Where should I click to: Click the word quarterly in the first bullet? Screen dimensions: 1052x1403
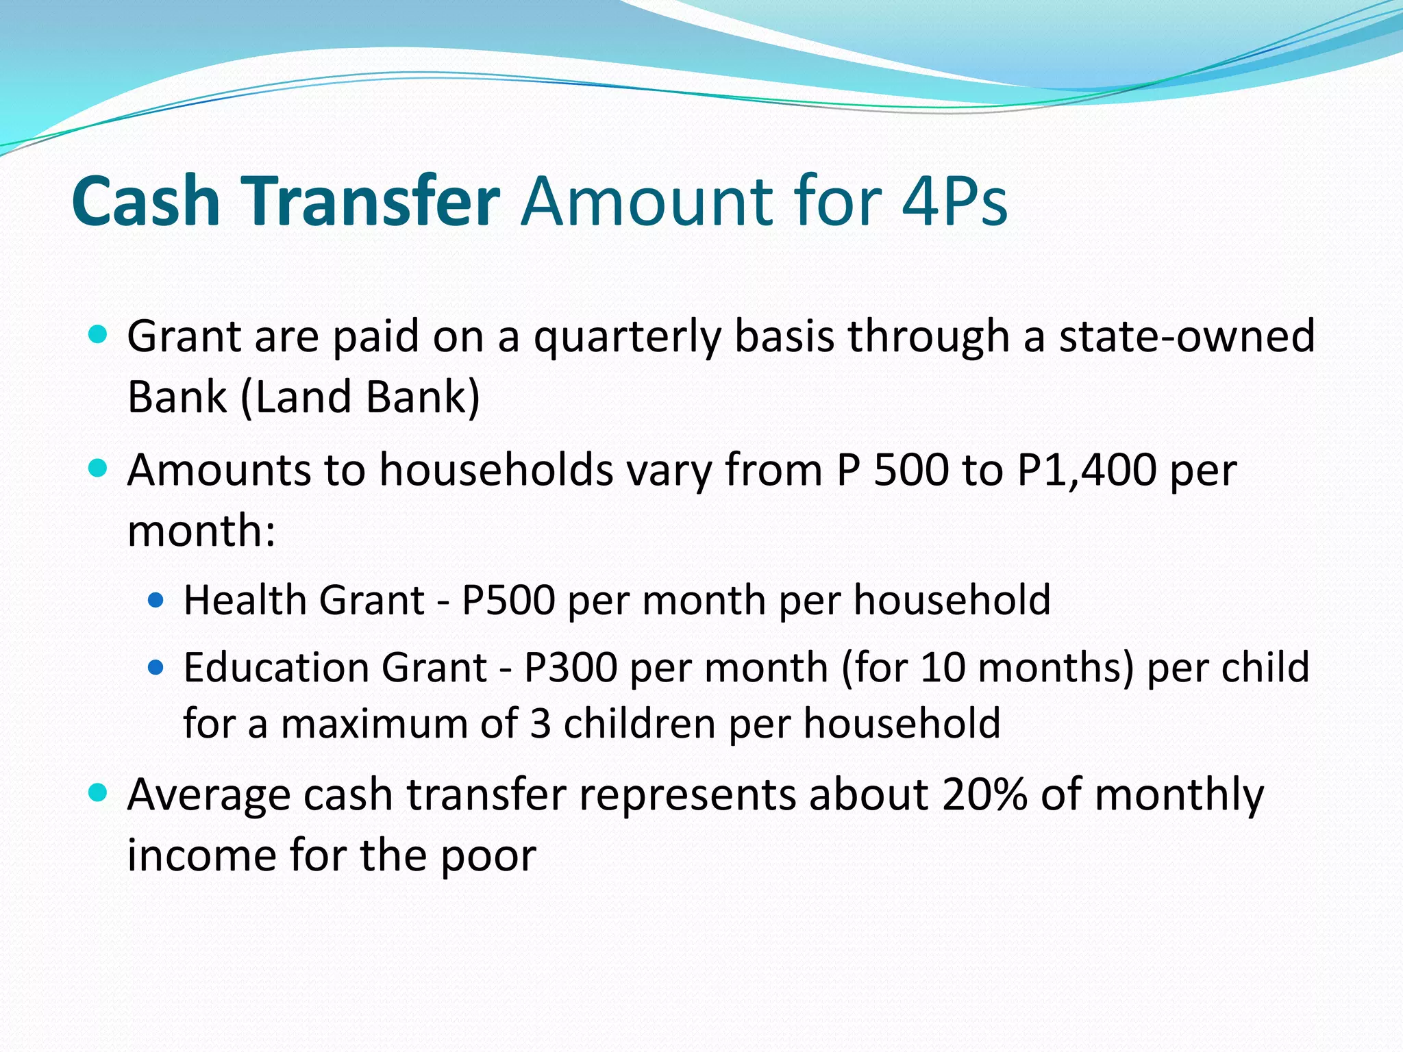(x=627, y=338)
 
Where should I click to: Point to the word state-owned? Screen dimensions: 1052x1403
(x=1187, y=336)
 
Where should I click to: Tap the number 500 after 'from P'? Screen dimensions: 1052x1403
(x=911, y=471)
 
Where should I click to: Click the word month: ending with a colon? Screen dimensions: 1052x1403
(x=201, y=531)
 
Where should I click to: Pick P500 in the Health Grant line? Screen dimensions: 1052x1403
(x=508, y=601)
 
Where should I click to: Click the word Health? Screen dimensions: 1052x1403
(x=244, y=601)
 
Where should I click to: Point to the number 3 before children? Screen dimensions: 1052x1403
(x=541, y=724)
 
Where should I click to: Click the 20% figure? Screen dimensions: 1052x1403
(x=984, y=795)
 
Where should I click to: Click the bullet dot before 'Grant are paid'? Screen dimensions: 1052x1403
(x=99, y=335)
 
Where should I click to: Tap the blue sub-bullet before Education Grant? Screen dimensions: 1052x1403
(x=156, y=667)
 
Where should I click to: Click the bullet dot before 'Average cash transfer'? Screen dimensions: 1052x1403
(x=99, y=793)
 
